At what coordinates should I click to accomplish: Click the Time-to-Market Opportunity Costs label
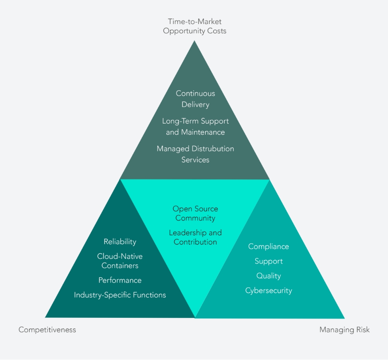click(194, 26)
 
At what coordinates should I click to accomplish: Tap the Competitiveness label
click(47, 329)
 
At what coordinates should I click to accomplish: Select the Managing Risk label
click(345, 329)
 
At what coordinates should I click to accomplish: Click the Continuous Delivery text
click(195, 99)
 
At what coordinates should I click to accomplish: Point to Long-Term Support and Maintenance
click(195, 126)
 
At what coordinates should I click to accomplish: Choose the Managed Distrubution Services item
click(195, 154)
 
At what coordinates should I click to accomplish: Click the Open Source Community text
click(195, 214)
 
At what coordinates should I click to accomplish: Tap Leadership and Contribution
click(195, 237)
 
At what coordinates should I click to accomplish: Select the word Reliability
click(120, 242)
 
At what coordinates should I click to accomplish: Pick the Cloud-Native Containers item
click(120, 261)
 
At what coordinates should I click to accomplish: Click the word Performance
click(120, 280)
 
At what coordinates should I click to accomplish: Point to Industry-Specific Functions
click(120, 295)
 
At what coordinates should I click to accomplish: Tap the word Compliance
click(268, 246)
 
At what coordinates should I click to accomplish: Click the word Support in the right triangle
click(269, 261)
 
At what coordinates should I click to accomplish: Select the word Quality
click(269, 276)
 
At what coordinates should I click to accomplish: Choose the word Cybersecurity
click(269, 291)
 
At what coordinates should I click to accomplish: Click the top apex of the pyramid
click(194, 41)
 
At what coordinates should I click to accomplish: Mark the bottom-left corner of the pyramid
click(45, 317)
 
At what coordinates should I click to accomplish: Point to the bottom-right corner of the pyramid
click(345, 319)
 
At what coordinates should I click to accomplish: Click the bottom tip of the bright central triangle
click(195, 318)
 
